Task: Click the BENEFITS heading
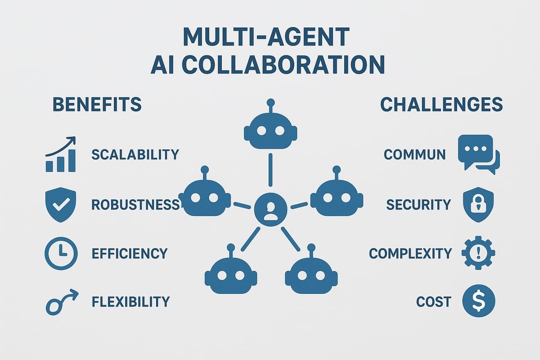pos(97,105)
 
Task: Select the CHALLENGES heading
pos(441,105)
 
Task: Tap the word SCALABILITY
pos(135,155)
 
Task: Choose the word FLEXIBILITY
pos(130,301)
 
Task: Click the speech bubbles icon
pos(478,155)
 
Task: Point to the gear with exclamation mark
pos(478,253)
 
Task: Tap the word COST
pos(433,301)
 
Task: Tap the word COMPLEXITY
pos(410,253)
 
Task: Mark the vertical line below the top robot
pos(270,170)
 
